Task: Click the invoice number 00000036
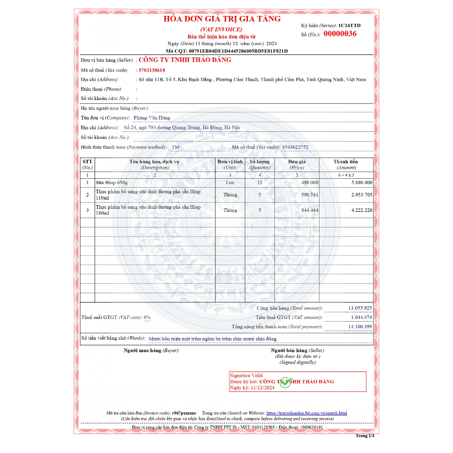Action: click(x=340, y=34)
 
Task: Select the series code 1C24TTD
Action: click(x=349, y=26)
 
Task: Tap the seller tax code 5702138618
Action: click(x=152, y=70)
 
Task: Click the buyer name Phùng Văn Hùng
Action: click(x=152, y=118)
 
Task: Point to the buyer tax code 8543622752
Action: click(x=295, y=147)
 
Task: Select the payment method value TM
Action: click(x=176, y=147)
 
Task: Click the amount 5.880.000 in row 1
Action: click(x=361, y=182)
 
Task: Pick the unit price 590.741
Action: click(x=310, y=195)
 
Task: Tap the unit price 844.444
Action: click(x=310, y=210)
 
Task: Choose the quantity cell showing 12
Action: click(x=260, y=182)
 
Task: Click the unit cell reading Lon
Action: click(x=230, y=182)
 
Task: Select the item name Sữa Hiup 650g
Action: click(x=111, y=182)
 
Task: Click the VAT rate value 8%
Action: click(x=147, y=317)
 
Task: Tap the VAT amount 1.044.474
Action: click(x=361, y=317)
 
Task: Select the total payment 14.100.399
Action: click(x=360, y=327)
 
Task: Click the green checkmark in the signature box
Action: click(x=285, y=383)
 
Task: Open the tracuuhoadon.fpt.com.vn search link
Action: click(x=307, y=413)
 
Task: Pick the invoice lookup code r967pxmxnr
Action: click(x=184, y=413)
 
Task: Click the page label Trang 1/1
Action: click(x=365, y=436)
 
